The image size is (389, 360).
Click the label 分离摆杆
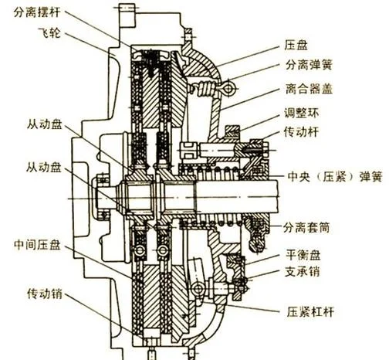point(37,12)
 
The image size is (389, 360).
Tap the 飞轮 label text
point(49,33)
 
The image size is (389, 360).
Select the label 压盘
point(296,45)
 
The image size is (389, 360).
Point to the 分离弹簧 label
point(309,65)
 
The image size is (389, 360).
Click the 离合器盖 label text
point(309,89)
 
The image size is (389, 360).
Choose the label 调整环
point(302,113)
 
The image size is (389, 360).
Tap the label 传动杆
point(301,132)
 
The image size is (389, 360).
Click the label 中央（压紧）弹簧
point(335,177)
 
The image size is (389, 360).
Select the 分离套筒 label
point(306,228)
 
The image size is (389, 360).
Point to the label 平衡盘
point(303,255)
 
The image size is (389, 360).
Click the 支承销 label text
point(302,271)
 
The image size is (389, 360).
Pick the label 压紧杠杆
point(310,312)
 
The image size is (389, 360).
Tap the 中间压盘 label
point(37,245)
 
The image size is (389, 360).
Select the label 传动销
point(45,294)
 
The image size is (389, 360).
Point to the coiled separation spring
point(206,89)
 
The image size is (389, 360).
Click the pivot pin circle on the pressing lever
point(198,289)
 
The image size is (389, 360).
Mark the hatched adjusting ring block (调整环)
point(232,131)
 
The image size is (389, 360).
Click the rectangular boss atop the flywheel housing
point(127,15)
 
